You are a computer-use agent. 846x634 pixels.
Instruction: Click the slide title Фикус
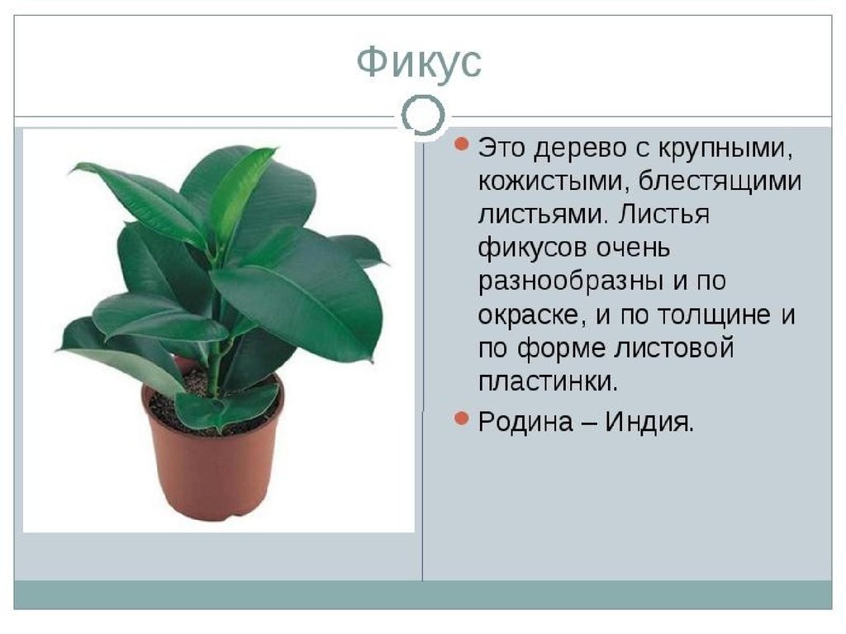coord(419,62)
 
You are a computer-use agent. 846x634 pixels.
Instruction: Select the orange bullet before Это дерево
coord(461,144)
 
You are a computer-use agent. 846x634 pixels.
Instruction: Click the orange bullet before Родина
coord(461,419)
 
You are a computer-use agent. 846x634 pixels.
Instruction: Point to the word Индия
coord(649,422)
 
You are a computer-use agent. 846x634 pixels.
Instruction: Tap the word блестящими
coord(720,182)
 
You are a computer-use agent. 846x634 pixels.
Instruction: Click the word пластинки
coord(548,382)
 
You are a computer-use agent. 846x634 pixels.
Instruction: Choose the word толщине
coord(715,315)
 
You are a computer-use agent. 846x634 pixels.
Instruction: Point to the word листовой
coord(674,348)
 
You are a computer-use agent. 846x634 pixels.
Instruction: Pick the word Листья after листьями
coord(663,215)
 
